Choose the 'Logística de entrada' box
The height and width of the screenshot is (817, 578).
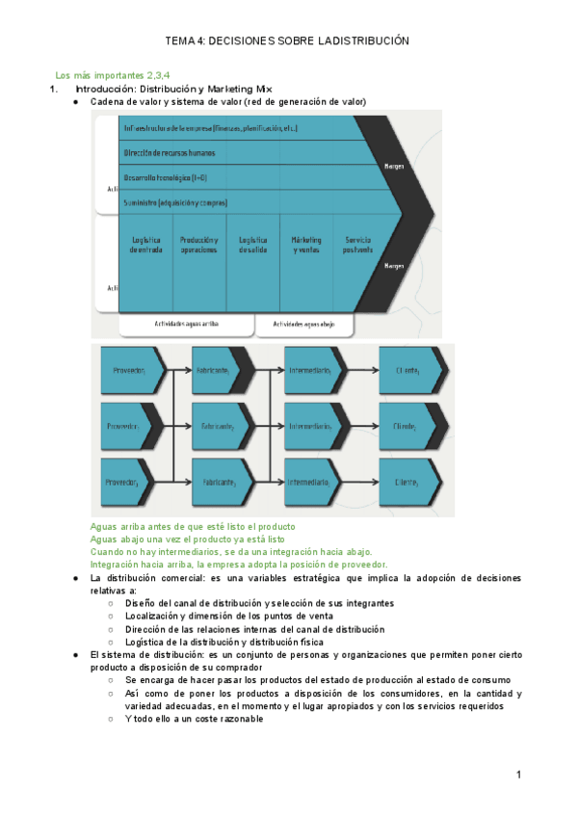[145, 246]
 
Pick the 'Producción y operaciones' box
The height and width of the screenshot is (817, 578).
[199, 246]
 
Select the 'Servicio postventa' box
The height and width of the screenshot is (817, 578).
[357, 246]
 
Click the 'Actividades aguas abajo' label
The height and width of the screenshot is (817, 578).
[303, 325]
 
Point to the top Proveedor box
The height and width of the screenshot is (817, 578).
[130, 370]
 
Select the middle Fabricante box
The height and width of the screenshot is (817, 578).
[219, 426]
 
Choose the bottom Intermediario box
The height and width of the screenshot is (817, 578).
[311, 481]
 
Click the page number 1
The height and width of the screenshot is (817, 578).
[518, 775]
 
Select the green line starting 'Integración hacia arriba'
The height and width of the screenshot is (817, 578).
[238, 565]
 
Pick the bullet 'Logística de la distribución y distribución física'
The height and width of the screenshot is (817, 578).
[224, 642]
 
